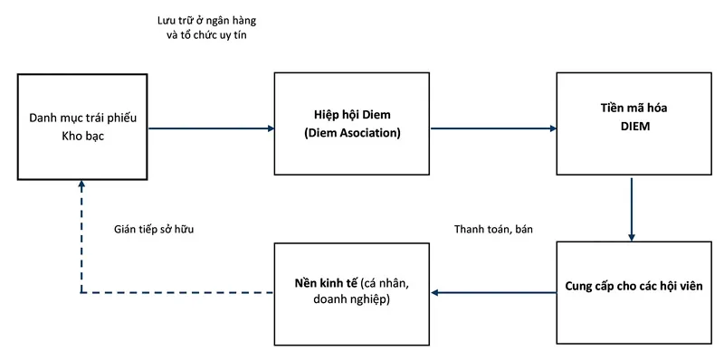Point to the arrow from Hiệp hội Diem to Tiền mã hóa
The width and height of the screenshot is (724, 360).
tap(492, 128)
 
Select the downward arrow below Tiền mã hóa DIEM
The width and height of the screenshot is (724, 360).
tap(632, 208)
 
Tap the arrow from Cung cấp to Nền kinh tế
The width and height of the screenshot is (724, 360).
tap(492, 292)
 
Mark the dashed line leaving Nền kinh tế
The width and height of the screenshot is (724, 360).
tap(181, 292)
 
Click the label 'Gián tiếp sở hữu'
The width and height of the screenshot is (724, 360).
tap(155, 230)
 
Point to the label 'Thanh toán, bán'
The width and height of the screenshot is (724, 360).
tap(493, 230)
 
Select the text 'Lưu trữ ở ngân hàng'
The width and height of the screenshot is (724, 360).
tap(198, 20)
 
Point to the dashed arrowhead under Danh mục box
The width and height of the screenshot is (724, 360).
tap(82, 185)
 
